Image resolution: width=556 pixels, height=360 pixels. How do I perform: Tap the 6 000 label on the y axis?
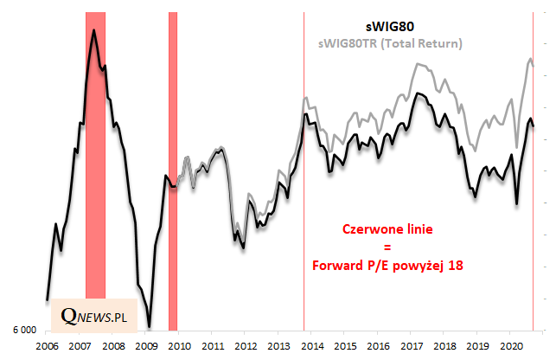23,331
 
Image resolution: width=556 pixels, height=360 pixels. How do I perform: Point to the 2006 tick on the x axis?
47,345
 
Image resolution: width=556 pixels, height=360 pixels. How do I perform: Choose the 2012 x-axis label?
245,345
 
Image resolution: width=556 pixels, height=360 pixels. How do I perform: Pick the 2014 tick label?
311,345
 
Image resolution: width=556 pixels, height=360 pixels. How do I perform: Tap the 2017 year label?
410,345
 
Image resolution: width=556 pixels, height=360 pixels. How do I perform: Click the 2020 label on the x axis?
509,345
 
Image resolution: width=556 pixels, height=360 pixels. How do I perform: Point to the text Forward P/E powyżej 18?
387,267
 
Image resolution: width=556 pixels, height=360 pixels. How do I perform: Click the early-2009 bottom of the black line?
149,326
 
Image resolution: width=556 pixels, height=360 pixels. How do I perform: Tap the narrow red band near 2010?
173,173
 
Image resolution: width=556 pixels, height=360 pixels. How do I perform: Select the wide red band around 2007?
95,173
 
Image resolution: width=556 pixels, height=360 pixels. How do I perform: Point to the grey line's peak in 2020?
530,59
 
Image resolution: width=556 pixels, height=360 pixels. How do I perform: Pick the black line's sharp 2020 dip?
517,204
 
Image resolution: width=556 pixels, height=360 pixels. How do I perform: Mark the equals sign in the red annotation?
387,248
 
